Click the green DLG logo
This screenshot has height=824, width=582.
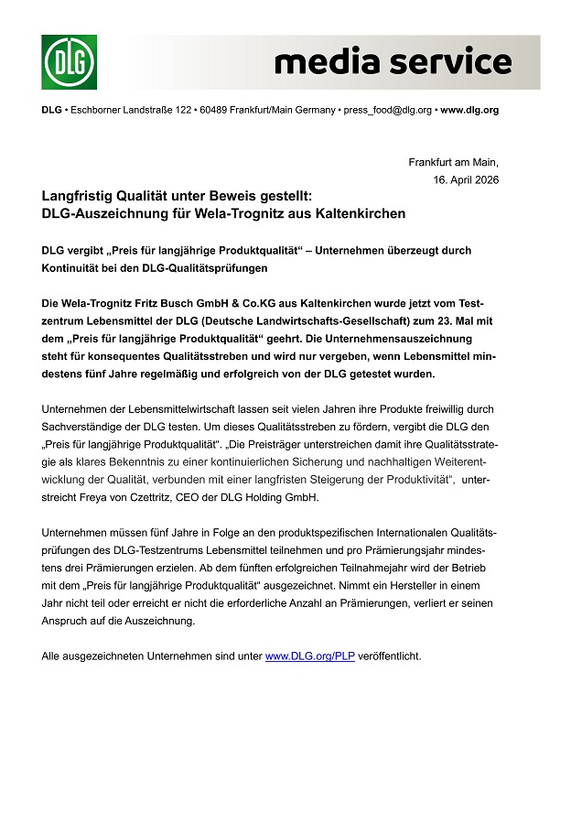pyautogui.click(x=69, y=62)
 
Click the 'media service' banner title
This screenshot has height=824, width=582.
pyautogui.click(x=393, y=62)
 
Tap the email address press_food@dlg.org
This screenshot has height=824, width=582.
pyautogui.click(x=385, y=110)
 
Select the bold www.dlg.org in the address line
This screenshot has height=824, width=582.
pyautogui.click(x=469, y=110)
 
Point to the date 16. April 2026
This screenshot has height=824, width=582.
pyautogui.click(x=466, y=179)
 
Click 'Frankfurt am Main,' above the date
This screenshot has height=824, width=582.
pyautogui.click(x=453, y=162)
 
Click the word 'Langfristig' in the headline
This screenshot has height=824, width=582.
pyautogui.click(x=81, y=196)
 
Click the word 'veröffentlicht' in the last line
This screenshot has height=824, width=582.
pyautogui.click(x=390, y=656)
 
